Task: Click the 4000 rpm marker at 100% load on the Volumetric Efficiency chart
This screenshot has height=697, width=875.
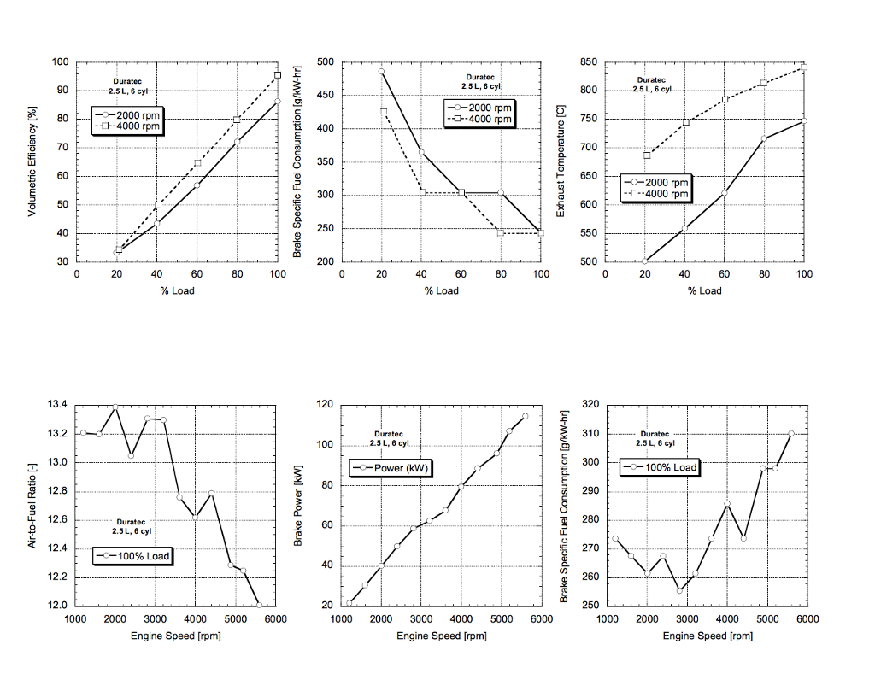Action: [x=278, y=75]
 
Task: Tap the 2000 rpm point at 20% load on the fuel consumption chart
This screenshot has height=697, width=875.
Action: [x=381, y=72]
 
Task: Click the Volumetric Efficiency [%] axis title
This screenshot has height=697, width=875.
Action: [x=32, y=161]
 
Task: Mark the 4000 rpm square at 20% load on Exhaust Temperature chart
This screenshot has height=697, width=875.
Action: [x=647, y=155]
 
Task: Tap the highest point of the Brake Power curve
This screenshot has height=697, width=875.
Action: [x=526, y=416]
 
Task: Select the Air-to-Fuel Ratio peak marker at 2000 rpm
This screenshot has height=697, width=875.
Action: [x=115, y=407]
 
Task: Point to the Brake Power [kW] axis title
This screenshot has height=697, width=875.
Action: [x=299, y=504]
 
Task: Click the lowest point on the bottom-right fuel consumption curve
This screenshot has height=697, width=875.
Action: [x=679, y=591]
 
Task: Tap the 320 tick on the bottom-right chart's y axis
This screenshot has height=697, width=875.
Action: [x=590, y=404]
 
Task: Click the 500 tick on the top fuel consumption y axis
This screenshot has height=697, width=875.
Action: [x=324, y=61]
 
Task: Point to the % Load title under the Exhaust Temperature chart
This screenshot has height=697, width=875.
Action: [x=704, y=290]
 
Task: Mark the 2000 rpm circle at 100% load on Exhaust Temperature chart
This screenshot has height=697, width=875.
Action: [x=804, y=120]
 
